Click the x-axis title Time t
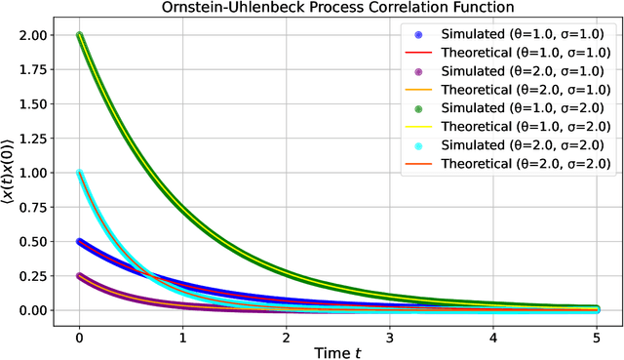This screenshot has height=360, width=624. point(337,349)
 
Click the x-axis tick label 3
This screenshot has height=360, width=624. point(390,333)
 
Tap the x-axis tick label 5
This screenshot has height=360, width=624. point(597,333)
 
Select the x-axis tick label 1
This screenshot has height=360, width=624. point(182,333)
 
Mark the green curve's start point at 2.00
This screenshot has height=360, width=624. point(79,36)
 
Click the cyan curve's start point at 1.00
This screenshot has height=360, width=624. point(79,173)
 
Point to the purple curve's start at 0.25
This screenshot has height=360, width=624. point(79,276)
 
